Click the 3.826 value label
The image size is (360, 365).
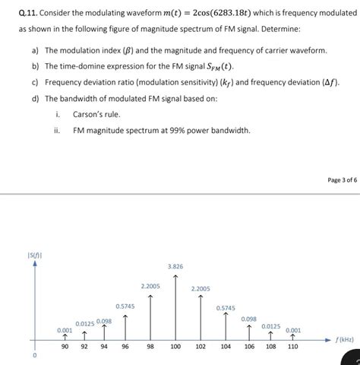coord(175,266)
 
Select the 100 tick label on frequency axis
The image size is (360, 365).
coord(175,346)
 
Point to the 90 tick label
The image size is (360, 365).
coord(65,346)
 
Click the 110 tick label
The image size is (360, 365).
coord(292,346)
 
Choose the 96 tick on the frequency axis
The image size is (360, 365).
coord(125,346)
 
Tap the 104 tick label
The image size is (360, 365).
coord(226,346)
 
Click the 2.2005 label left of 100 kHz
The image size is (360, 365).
coord(150,285)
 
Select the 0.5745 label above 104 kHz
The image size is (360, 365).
coord(226,308)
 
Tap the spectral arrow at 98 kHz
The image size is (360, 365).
coord(150,316)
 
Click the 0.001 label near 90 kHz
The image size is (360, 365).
coord(65,329)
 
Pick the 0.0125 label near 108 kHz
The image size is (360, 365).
coord(271,325)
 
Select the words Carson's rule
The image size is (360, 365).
coord(96,114)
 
